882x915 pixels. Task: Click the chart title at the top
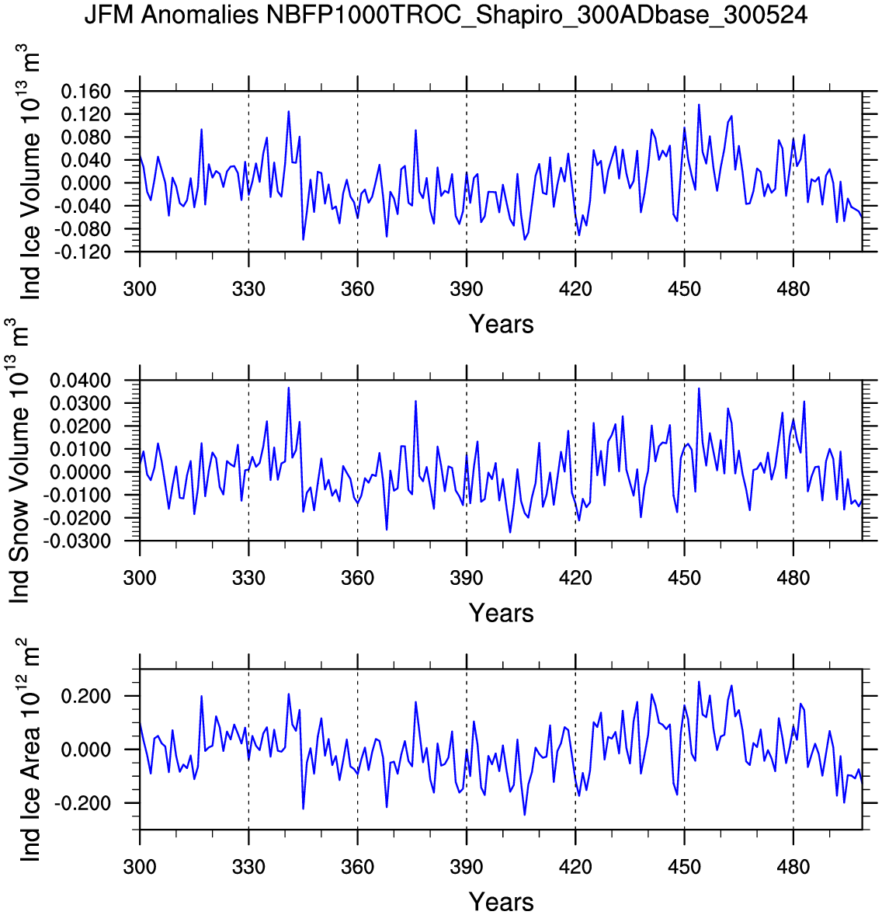pyautogui.click(x=446, y=15)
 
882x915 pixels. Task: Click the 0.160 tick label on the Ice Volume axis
pyautogui.click(x=85, y=92)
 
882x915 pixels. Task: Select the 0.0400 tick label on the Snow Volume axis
pyautogui.click(x=82, y=381)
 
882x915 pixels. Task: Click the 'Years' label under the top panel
pyautogui.click(x=501, y=324)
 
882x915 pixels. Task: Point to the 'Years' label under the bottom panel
pyautogui.click(x=501, y=902)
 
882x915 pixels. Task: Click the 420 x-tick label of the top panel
pyautogui.click(x=575, y=290)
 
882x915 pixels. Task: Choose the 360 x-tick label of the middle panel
pyautogui.click(x=357, y=579)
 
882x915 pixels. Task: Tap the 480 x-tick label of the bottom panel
pyautogui.click(x=793, y=868)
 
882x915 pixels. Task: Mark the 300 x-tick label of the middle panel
pyautogui.click(x=140, y=579)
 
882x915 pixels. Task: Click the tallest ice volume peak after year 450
pyautogui.click(x=699, y=105)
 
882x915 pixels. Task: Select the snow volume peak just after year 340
pyautogui.click(x=289, y=388)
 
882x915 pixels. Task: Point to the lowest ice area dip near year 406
pyautogui.click(x=525, y=815)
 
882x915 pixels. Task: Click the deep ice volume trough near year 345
pyautogui.click(x=303, y=239)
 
